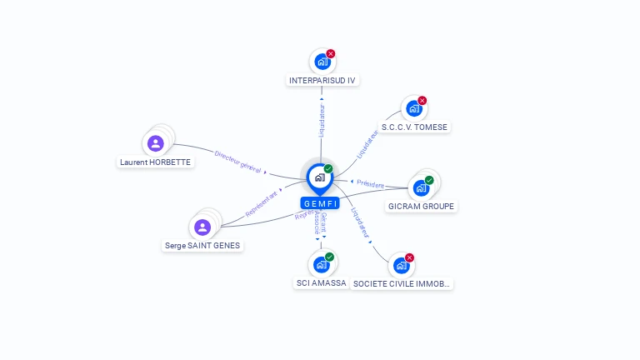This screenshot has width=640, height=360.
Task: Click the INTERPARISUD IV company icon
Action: point(322,62)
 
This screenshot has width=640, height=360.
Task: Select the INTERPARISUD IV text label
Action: point(322,81)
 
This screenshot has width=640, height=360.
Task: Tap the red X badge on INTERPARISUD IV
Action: point(331,53)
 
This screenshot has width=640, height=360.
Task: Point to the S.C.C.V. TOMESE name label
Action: point(414,127)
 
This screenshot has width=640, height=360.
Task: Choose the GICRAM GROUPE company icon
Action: point(421,187)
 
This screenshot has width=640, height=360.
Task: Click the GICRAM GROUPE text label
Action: point(422,207)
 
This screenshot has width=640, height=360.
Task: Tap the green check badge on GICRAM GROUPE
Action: point(429,180)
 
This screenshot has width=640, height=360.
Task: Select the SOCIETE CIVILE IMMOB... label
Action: point(402,284)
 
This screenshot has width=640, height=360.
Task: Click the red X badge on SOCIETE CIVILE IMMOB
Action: point(409,257)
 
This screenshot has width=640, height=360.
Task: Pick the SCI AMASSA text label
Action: point(321,283)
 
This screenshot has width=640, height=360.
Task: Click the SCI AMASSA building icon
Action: point(321,265)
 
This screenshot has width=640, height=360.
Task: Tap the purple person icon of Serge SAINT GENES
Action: point(202,227)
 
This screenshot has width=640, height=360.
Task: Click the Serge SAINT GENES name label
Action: point(202,246)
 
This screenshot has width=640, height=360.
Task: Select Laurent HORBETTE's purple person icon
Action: point(155,143)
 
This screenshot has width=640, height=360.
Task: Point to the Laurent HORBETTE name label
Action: point(156,162)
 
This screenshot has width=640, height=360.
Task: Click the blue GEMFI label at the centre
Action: point(320,203)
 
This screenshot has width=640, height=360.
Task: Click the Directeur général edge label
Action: point(238,161)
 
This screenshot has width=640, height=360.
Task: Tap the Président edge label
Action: point(371,183)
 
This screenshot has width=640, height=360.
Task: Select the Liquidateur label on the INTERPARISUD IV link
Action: point(322,120)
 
